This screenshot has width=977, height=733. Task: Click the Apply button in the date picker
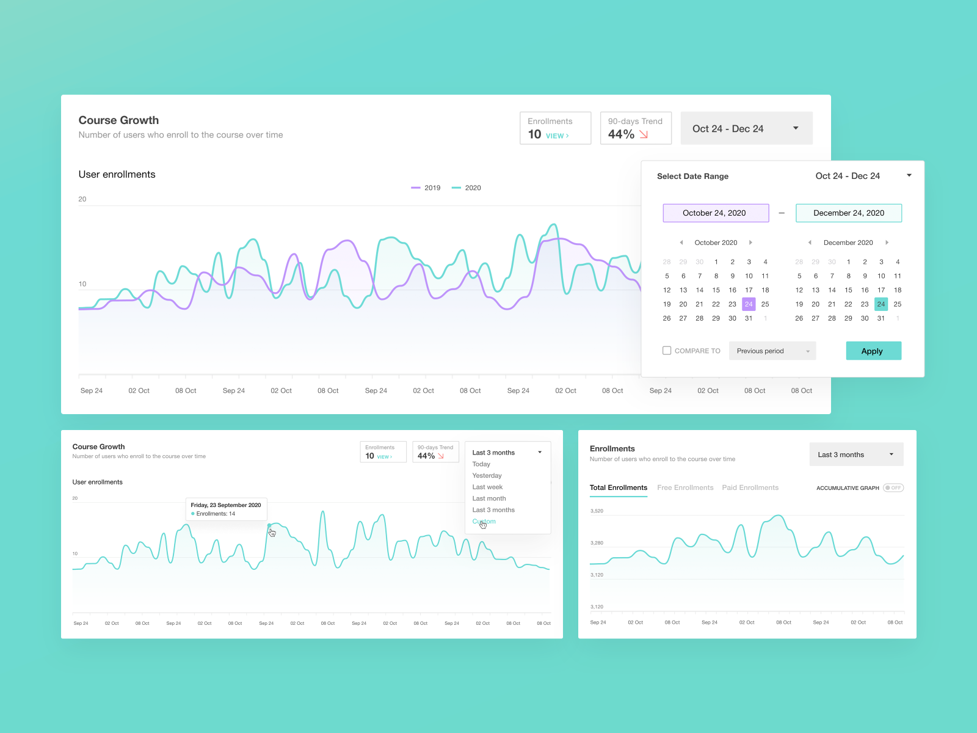point(873,351)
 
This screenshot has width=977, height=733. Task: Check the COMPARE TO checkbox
point(667,351)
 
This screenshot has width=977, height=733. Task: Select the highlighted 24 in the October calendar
point(749,304)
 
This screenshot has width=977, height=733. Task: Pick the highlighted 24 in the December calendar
point(881,304)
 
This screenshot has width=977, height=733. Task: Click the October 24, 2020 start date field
point(716,213)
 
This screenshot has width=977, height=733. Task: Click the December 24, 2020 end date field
point(848,213)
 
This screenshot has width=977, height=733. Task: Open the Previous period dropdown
point(772,351)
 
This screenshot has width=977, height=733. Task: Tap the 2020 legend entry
point(467,188)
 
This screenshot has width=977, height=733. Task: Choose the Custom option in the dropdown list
point(484,522)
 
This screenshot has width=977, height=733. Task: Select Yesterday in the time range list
point(487,476)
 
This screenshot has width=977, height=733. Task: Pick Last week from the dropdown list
point(487,487)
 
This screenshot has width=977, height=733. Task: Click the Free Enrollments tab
point(685,487)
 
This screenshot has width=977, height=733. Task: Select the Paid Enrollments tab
point(750,487)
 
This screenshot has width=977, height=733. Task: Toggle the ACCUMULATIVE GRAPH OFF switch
point(893,488)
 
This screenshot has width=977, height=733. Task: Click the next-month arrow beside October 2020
point(750,243)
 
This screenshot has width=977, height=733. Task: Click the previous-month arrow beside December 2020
point(810,243)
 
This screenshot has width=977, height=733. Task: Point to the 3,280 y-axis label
point(597,543)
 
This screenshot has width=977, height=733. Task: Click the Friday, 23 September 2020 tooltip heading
point(225,505)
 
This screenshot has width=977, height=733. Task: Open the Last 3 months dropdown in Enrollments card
point(856,454)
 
